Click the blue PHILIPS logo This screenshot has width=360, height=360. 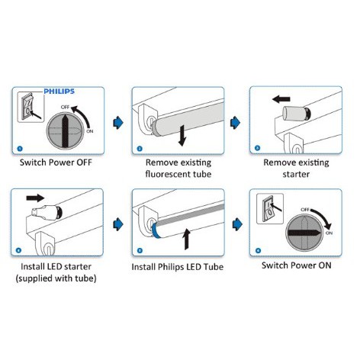[59, 92]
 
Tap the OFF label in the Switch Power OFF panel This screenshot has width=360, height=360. [65, 107]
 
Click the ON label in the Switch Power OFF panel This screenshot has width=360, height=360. [90, 131]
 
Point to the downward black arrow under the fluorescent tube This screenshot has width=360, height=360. [182, 136]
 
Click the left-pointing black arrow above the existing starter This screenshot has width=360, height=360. [281, 99]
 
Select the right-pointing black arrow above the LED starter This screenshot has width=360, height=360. [35, 198]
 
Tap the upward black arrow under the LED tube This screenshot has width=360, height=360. [187, 239]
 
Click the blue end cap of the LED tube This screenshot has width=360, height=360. [156, 230]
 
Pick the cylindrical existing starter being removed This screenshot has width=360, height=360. [297, 114]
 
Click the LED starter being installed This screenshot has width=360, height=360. [47, 212]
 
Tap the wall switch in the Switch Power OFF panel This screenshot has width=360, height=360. [28, 106]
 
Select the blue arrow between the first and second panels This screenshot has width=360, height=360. [118, 123]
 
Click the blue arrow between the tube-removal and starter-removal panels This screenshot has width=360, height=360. [235, 123]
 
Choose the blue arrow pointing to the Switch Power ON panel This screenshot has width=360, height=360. [237, 224]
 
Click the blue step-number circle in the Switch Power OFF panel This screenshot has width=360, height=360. [20, 149]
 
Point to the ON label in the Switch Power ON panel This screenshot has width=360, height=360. [329, 233]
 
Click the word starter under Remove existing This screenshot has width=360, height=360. [296, 175]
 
